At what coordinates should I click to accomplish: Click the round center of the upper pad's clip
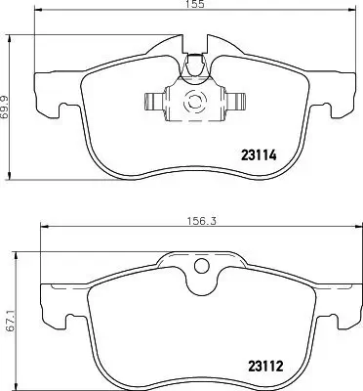pos(193,100)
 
